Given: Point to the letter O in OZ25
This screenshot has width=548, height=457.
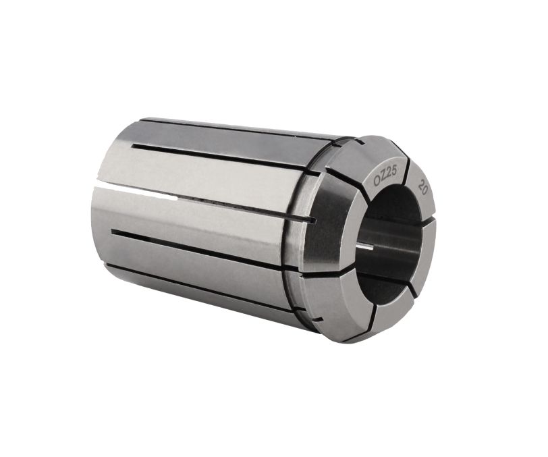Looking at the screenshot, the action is [x=377, y=182].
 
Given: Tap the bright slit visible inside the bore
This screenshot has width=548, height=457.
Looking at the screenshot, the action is [x=365, y=248].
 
